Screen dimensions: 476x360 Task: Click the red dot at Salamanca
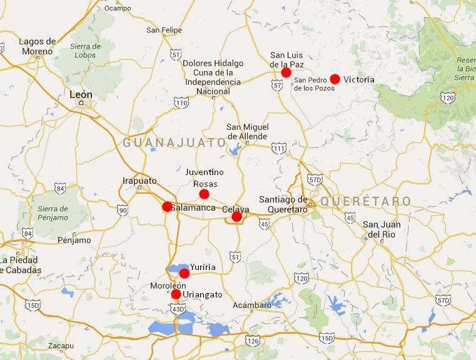pyautogui.click(x=167, y=207)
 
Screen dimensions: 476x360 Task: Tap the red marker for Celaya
pyautogui.click(x=236, y=217)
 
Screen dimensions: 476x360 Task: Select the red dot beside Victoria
pyautogui.click(x=335, y=79)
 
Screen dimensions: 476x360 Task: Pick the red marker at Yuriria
pyautogui.click(x=185, y=273)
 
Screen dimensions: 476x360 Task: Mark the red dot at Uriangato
pyautogui.click(x=176, y=294)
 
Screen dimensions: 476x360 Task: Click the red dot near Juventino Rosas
pyautogui.click(x=204, y=194)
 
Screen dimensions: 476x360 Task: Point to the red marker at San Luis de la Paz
pyautogui.click(x=286, y=72)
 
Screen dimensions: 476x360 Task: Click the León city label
pyautogui.click(x=81, y=95)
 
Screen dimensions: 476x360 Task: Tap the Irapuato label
pyautogui.click(x=139, y=181)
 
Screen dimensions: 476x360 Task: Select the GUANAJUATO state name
pyautogui.click(x=175, y=142)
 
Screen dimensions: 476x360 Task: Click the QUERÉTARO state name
pyautogui.click(x=366, y=201)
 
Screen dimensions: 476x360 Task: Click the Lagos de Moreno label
pyautogui.click(x=38, y=46)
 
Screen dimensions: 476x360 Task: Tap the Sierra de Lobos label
pyautogui.click(x=86, y=51)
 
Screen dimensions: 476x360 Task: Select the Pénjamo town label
pyautogui.click(x=74, y=240)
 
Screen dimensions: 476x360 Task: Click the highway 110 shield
pyautogui.click(x=181, y=102)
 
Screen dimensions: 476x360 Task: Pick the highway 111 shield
pyautogui.click(x=279, y=148)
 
